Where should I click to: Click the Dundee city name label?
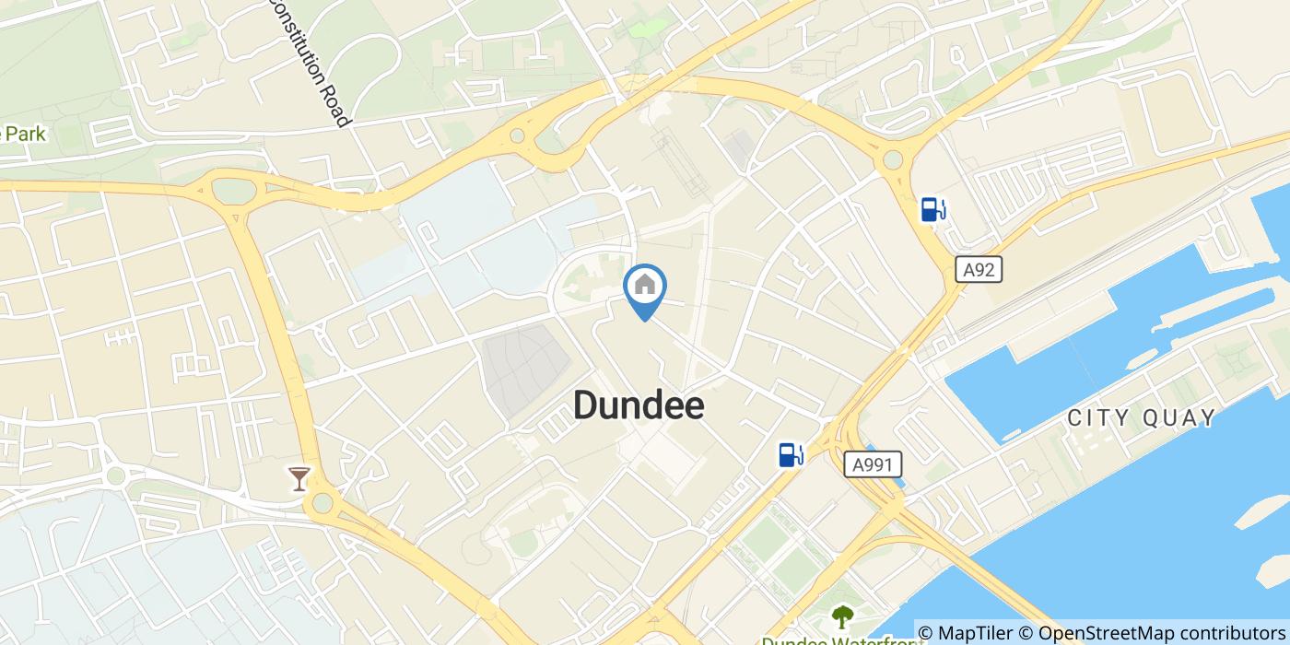click(639, 405)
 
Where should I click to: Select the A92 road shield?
click(978, 270)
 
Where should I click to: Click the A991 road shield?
click(873, 464)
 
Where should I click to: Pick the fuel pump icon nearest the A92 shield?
click(933, 210)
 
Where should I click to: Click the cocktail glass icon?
click(299, 478)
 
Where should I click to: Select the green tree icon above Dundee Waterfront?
click(842, 616)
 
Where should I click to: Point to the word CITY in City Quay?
click(1099, 418)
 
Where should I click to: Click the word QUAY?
click(1181, 418)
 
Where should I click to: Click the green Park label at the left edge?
click(24, 135)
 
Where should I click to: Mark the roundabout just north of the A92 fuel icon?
click(892, 160)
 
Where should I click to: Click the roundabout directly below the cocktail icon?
click(322, 503)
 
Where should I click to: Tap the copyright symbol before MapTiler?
click(926, 634)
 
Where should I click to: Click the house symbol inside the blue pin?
click(645, 285)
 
